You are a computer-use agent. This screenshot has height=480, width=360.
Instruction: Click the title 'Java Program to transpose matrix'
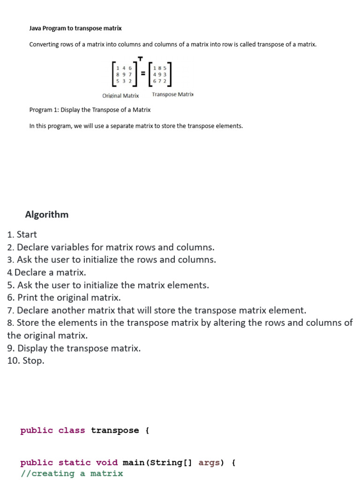[75, 28]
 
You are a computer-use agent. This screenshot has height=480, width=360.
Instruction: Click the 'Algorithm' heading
[47, 214]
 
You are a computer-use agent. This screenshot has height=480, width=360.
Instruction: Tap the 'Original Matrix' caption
[120, 96]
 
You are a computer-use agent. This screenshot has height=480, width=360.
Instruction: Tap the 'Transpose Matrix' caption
[172, 95]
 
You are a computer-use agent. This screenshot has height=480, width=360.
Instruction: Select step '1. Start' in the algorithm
[22, 234]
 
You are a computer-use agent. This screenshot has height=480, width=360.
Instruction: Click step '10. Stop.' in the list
[26, 360]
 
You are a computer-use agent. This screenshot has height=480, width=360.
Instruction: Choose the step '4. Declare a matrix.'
[47, 272]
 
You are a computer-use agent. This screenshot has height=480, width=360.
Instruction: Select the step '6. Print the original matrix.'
[64, 298]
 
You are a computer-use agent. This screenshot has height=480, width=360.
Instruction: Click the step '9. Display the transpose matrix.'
[74, 348]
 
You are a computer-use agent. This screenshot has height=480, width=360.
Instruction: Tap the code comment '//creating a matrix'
[72, 473]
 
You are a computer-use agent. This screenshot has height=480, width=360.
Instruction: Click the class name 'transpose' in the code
[115, 430]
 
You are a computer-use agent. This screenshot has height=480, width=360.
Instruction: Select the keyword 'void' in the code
[106, 463]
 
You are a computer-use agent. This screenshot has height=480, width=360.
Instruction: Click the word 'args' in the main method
[209, 463]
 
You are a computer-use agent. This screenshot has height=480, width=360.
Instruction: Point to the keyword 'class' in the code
[72, 430]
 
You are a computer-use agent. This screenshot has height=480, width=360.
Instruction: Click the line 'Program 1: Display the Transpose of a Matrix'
[90, 110]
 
